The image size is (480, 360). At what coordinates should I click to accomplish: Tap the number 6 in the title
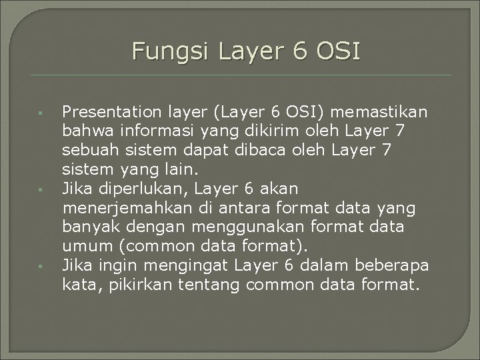[x=291, y=51]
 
